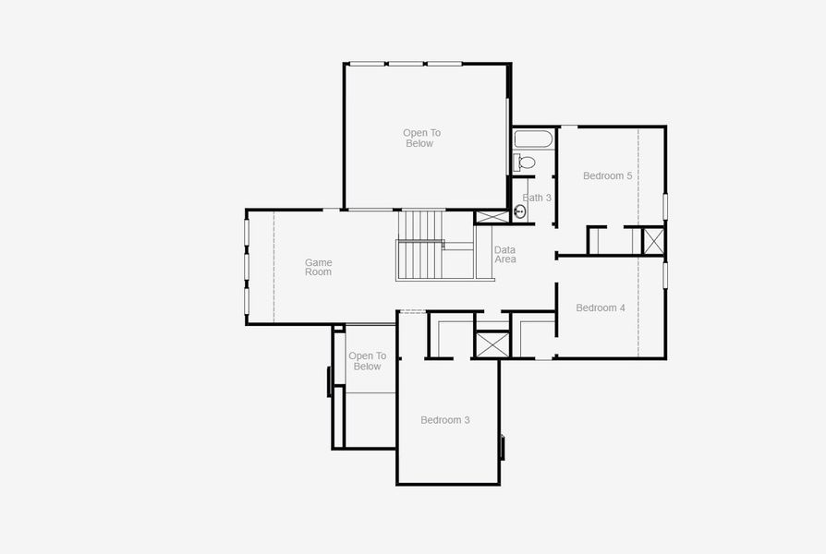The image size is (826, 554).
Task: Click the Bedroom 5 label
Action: tap(607, 175)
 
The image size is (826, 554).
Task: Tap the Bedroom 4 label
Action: tap(601, 307)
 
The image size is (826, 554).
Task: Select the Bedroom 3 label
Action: tap(444, 420)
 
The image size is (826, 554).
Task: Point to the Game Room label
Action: tap(318, 268)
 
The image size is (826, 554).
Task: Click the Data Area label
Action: tap(504, 255)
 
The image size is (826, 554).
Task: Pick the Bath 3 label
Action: tap(537, 198)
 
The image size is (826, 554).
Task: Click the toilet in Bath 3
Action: tap(525, 163)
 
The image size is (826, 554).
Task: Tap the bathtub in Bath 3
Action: tap(533, 139)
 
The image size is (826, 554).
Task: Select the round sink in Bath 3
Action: tap(520, 211)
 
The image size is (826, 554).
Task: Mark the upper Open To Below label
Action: tap(421, 138)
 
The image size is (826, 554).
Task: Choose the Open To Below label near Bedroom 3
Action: tap(367, 361)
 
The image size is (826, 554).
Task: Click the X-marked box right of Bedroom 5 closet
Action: tap(653, 241)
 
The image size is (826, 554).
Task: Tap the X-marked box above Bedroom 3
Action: tap(492, 343)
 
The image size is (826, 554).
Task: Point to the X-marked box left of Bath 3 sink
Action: tap(492, 217)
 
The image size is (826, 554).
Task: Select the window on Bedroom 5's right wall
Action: tap(665, 206)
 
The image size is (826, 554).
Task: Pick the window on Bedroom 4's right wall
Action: tap(665, 275)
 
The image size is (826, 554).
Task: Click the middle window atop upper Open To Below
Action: tap(406, 64)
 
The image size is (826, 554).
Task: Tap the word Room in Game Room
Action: tap(318, 272)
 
